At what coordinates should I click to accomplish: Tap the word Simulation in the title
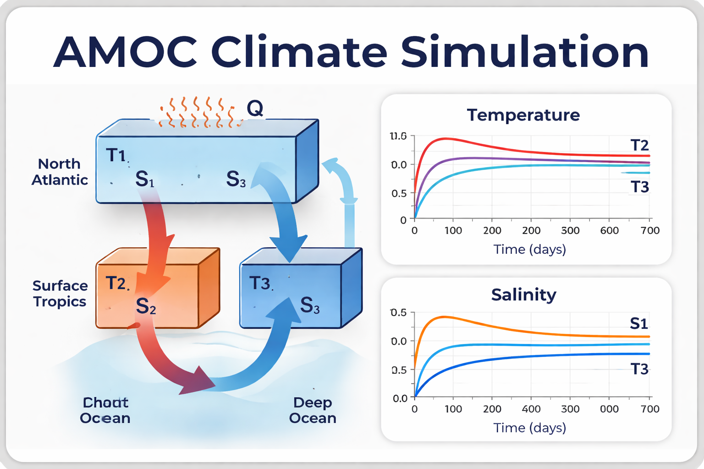point(524,51)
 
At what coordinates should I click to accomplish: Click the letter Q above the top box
point(255,109)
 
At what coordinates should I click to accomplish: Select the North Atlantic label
point(60,172)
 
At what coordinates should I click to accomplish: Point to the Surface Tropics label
point(60,294)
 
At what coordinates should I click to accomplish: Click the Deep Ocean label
point(313,410)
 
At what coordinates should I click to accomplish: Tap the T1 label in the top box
point(116,155)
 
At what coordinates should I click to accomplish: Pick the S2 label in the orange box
point(146,306)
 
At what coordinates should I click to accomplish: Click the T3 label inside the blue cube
point(260,284)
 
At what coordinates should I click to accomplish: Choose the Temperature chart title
point(523,115)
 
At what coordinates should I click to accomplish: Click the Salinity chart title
point(523,294)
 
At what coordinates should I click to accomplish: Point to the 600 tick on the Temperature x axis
point(609,230)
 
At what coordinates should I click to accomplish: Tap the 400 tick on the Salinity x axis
point(531,409)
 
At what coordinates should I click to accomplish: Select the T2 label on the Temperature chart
point(639,146)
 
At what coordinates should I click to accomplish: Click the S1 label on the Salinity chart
point(639,324)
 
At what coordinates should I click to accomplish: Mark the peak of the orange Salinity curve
point(443,316)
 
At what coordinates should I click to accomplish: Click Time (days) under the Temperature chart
point(529,250)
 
